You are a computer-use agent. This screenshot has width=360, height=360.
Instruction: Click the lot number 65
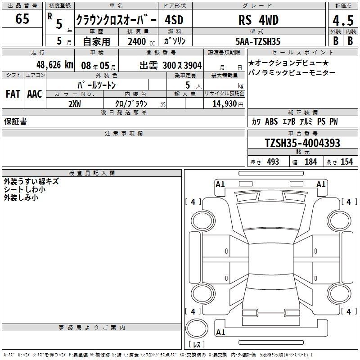(22, 18)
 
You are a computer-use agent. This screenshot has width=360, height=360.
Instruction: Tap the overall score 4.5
(343, 20)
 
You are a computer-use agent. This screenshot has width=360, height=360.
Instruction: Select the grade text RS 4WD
(258, 20)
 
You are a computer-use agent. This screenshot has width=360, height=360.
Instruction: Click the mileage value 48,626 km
(54, 65)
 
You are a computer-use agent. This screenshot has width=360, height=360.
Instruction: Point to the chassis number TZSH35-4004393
(302, 143)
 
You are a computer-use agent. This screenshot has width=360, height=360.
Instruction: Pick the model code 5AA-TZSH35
(258, 41)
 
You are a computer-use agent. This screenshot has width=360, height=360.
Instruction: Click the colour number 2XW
(75, 104)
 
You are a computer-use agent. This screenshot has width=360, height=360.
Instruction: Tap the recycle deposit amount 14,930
(225, 104)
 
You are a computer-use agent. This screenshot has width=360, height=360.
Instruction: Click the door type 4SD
(174, 20)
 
